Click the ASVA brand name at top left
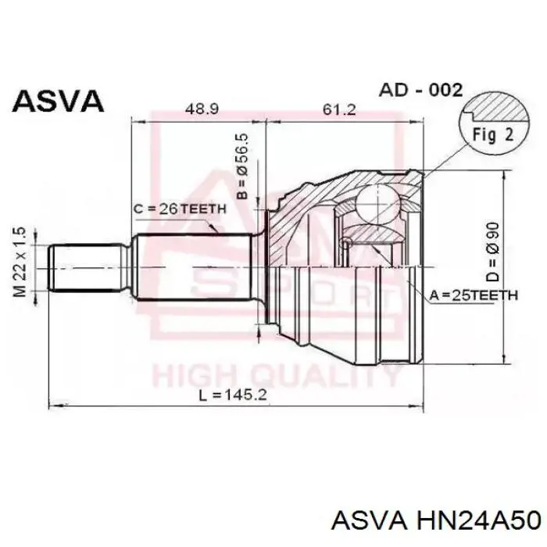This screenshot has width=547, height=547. (59, 101)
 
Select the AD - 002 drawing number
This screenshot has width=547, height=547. (420, 91)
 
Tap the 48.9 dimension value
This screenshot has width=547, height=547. (202, 109)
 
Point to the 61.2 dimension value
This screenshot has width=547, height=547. (339, 109)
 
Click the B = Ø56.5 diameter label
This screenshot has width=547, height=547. (242, 166)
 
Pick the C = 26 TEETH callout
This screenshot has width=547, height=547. (180, 209)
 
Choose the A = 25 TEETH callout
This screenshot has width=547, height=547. (474, 295)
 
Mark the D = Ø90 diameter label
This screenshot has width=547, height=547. (493, 252)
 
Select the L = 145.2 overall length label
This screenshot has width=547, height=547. (233, 395)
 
